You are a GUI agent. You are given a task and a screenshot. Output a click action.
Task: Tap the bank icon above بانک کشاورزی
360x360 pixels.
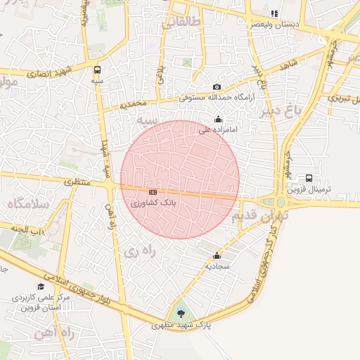(153, 192)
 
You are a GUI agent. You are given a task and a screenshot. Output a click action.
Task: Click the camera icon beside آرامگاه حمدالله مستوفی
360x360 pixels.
(217, 87)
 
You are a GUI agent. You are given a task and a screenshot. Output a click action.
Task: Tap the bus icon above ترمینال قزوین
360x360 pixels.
(309, 178)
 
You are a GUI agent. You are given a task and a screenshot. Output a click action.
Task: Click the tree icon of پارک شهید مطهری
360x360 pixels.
(181, 314)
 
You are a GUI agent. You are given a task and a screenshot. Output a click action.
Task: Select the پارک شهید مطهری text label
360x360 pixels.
(181, 326)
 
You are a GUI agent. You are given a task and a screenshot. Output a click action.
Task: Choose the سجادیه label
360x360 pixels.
(217, 266)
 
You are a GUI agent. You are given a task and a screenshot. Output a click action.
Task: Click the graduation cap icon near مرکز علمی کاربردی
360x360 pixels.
(41, 287)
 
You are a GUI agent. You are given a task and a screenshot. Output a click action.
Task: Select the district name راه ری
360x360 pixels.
(134, 251)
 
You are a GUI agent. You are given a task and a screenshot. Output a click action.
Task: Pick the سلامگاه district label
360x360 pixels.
(27, 204)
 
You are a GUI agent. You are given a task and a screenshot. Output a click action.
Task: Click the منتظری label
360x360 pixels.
(77, 182)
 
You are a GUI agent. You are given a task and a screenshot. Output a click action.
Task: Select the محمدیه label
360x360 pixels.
(134, 104)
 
